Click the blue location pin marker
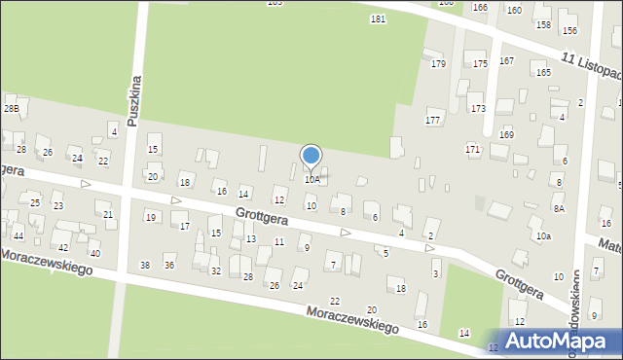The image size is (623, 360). [x=311, y=157]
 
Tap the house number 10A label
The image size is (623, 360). [x=311, y=180]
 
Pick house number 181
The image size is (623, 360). [x=378, y=19]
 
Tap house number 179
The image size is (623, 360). [x=438, y=64]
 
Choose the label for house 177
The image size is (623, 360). [x=433, y=120]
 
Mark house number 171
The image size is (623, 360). [x=473, y=149]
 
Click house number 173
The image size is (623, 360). [x=477, y=108]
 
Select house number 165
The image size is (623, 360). [x=542, y=73]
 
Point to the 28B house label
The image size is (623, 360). [x=11, y=108]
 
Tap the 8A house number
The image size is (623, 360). [x=559, y=208]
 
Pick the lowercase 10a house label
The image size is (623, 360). [x=543, y=236]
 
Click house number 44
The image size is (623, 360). [x=18, y=236]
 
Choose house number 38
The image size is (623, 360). [x=145, y=265]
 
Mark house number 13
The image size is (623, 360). [x=251, y=238]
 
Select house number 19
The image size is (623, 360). [x=151, y=217]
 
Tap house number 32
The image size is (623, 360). [x=216, y=270]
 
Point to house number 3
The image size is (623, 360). [x=435, y=274]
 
